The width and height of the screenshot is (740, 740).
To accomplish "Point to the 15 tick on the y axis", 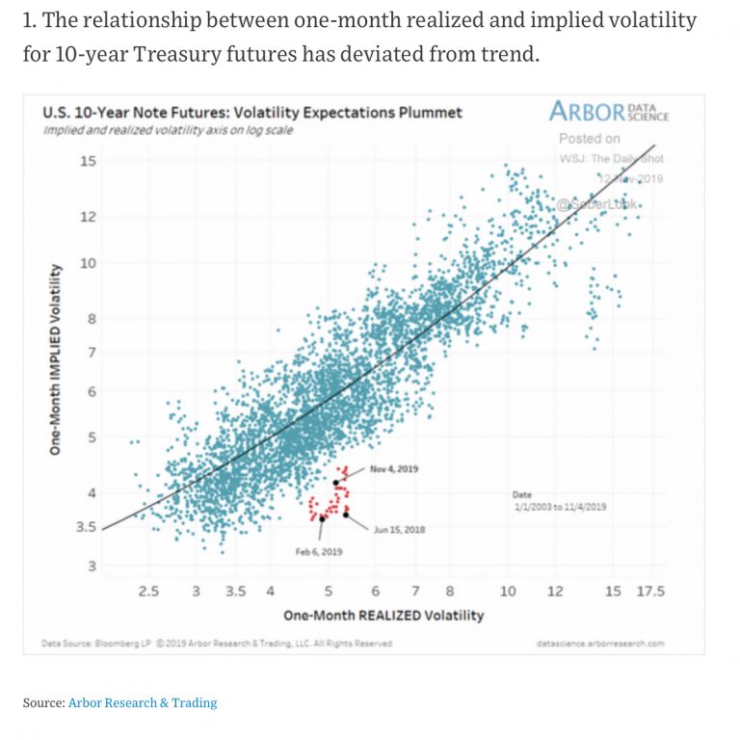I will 88,161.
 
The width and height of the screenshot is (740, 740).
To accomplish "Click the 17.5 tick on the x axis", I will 650,592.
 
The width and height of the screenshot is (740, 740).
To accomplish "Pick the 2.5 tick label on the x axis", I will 147,592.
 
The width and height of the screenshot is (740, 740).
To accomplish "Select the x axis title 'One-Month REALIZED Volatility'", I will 383,615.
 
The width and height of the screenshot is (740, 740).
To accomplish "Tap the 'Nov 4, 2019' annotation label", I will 394,469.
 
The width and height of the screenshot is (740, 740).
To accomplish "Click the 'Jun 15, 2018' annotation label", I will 399,529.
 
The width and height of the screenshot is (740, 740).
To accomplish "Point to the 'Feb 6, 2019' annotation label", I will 318,552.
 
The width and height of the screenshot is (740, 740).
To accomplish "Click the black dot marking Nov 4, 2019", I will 335,483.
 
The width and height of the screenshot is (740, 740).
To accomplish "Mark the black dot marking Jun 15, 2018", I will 345,514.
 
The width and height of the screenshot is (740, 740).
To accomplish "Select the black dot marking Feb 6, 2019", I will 322,518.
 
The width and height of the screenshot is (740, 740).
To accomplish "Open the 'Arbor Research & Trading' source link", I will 143,702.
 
